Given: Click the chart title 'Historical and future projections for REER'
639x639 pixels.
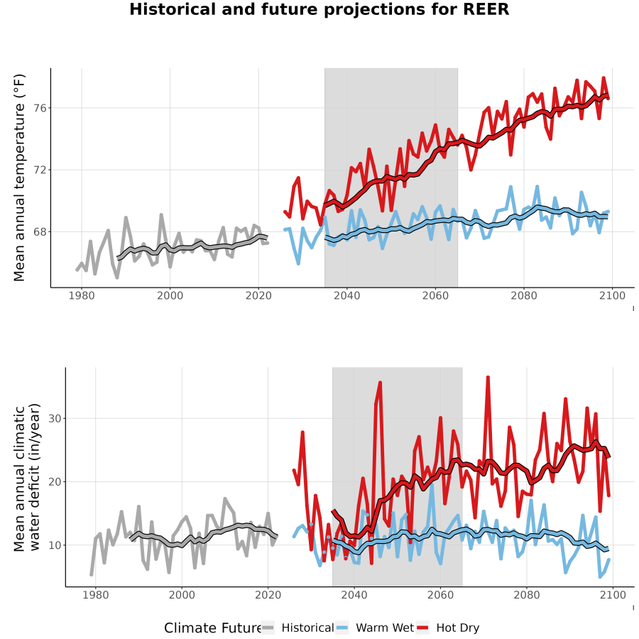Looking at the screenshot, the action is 319,9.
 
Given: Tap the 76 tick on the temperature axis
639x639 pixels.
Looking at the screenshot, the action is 40,109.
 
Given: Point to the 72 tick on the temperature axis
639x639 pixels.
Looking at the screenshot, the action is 40,170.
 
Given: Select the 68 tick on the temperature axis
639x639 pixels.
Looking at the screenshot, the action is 40,232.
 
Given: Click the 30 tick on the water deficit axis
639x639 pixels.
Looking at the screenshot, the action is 55,419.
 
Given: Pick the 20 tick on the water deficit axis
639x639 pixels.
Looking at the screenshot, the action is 55,482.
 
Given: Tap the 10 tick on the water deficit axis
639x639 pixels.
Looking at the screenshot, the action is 55,545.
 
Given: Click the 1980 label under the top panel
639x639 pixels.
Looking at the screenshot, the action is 82,295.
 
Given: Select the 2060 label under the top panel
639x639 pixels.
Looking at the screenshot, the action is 435,295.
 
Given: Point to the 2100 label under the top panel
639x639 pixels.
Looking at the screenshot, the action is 612,295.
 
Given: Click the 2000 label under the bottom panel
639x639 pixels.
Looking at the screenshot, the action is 182,595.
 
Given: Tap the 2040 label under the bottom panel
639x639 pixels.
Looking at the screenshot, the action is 354,595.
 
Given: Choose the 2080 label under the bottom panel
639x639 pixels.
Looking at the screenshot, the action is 527,595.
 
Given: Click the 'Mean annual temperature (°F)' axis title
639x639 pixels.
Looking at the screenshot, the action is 19,177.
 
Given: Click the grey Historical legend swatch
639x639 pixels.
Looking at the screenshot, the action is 268,628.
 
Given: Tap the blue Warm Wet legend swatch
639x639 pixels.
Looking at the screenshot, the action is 342,628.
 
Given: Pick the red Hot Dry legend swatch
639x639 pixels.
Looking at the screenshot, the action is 422,628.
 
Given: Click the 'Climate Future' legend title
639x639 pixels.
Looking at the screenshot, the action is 212,628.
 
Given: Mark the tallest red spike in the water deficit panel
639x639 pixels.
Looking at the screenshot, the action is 488,378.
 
